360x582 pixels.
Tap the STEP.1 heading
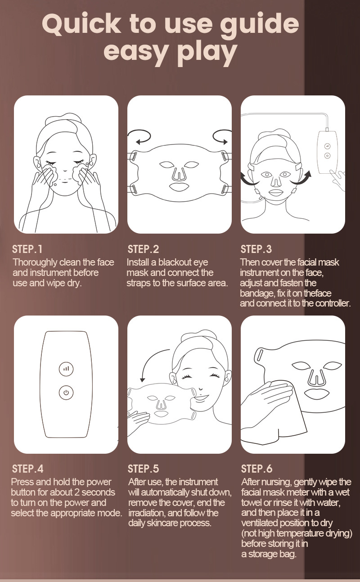coord(27,249)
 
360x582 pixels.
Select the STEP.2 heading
coord(143,249)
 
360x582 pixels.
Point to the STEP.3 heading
coord(256,249)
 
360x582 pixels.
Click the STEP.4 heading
coord(27,469)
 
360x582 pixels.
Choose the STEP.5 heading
coord(143,469)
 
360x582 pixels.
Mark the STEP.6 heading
coord(256,469)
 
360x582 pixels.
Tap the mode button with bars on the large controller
coord(66,369)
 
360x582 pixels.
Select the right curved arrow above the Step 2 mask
coord(222,137)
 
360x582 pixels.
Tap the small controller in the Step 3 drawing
coord(328,152)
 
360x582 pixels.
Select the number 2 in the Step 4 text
coord(76,492)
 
